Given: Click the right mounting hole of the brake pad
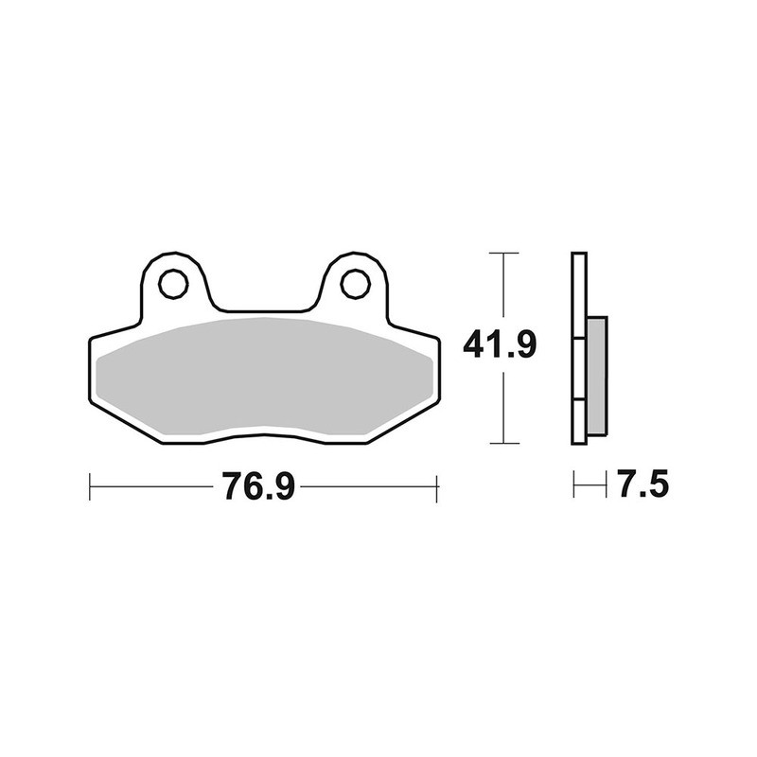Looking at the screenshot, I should click(355, 283).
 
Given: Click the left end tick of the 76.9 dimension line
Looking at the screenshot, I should click(89, 488).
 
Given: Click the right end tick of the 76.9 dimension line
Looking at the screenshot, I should click(436, 488).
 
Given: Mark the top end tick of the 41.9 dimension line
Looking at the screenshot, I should click(503, 254).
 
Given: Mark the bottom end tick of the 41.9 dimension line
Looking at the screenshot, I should click(503, 443).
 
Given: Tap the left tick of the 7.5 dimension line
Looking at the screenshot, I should click(573, 486).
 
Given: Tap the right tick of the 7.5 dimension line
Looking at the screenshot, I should click(606, 486).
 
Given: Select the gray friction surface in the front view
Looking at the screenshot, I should click(265, 375).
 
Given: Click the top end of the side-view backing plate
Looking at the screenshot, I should click(579, 255).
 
